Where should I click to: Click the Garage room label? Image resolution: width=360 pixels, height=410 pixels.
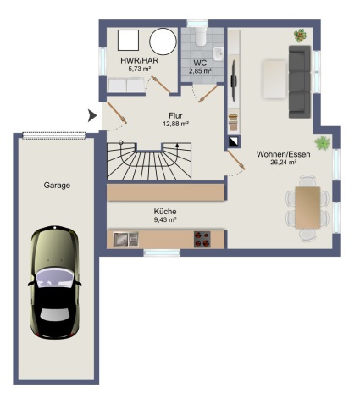(x=57, y=186)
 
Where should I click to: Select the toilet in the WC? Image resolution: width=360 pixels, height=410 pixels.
(x=201, y=36)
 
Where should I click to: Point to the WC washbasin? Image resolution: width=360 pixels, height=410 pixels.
(x=219, y=53)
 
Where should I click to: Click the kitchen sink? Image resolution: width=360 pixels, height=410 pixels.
(x=126, y=240)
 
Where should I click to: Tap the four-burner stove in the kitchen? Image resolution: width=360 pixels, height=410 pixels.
(x=202, y=240)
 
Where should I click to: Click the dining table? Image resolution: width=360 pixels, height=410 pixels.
(x=307, y=208)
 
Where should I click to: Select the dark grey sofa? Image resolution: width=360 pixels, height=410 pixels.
(x=300, y=81)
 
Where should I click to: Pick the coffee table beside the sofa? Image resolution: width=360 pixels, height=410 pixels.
(x=274, y=80)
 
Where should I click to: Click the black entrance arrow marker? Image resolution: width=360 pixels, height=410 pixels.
(x=92, y=115)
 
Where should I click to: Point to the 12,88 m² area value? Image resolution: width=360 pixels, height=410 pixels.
(x=175, y=124)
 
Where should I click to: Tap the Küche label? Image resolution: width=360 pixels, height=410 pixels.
(x=165, y=212)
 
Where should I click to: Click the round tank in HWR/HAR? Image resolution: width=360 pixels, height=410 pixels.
(x=163, y=42)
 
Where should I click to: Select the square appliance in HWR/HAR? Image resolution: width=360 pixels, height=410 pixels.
(x=128, y=40)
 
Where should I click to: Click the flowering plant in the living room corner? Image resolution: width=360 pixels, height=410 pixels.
(x=300, y=36)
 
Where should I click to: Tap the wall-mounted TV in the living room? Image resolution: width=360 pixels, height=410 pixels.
(x=234, y=81)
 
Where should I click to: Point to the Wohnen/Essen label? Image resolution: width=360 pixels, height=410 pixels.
(x=283, y=154)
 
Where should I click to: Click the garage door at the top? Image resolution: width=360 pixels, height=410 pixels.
(x=53, y=136)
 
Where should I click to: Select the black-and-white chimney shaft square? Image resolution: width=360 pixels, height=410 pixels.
(x=234, y=142)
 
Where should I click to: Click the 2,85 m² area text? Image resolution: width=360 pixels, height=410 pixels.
(x=201, y=71)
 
